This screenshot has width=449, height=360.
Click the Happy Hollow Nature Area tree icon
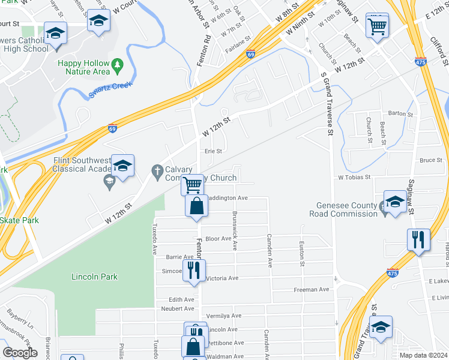coord(118,63)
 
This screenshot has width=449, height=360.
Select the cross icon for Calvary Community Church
coord(157,172)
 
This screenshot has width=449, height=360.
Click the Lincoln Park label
coord(94,277)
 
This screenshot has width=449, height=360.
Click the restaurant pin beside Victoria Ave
coord(193,271)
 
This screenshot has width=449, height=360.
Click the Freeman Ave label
coord(312,289)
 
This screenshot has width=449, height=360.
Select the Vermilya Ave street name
coord(223,316)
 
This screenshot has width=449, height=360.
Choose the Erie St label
coord(214,151)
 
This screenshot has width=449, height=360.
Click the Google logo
coord(20,353)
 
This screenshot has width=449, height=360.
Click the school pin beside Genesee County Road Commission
coord(395,203)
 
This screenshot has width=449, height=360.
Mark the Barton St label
coord(400,113)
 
